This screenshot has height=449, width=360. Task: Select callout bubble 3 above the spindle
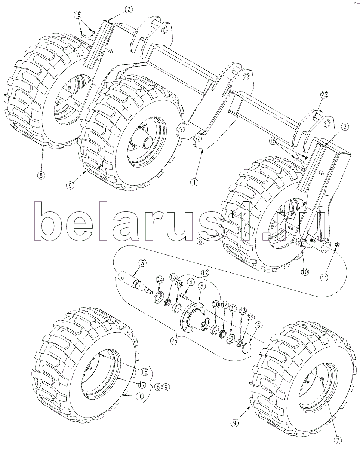(x=141, y=263)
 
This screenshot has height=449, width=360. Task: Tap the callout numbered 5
(x=202, y=287)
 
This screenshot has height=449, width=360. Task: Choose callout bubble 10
(x=305, y=272)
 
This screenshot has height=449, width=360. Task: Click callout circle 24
(x=160, y=280)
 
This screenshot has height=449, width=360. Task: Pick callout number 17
(x=142, y=384)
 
